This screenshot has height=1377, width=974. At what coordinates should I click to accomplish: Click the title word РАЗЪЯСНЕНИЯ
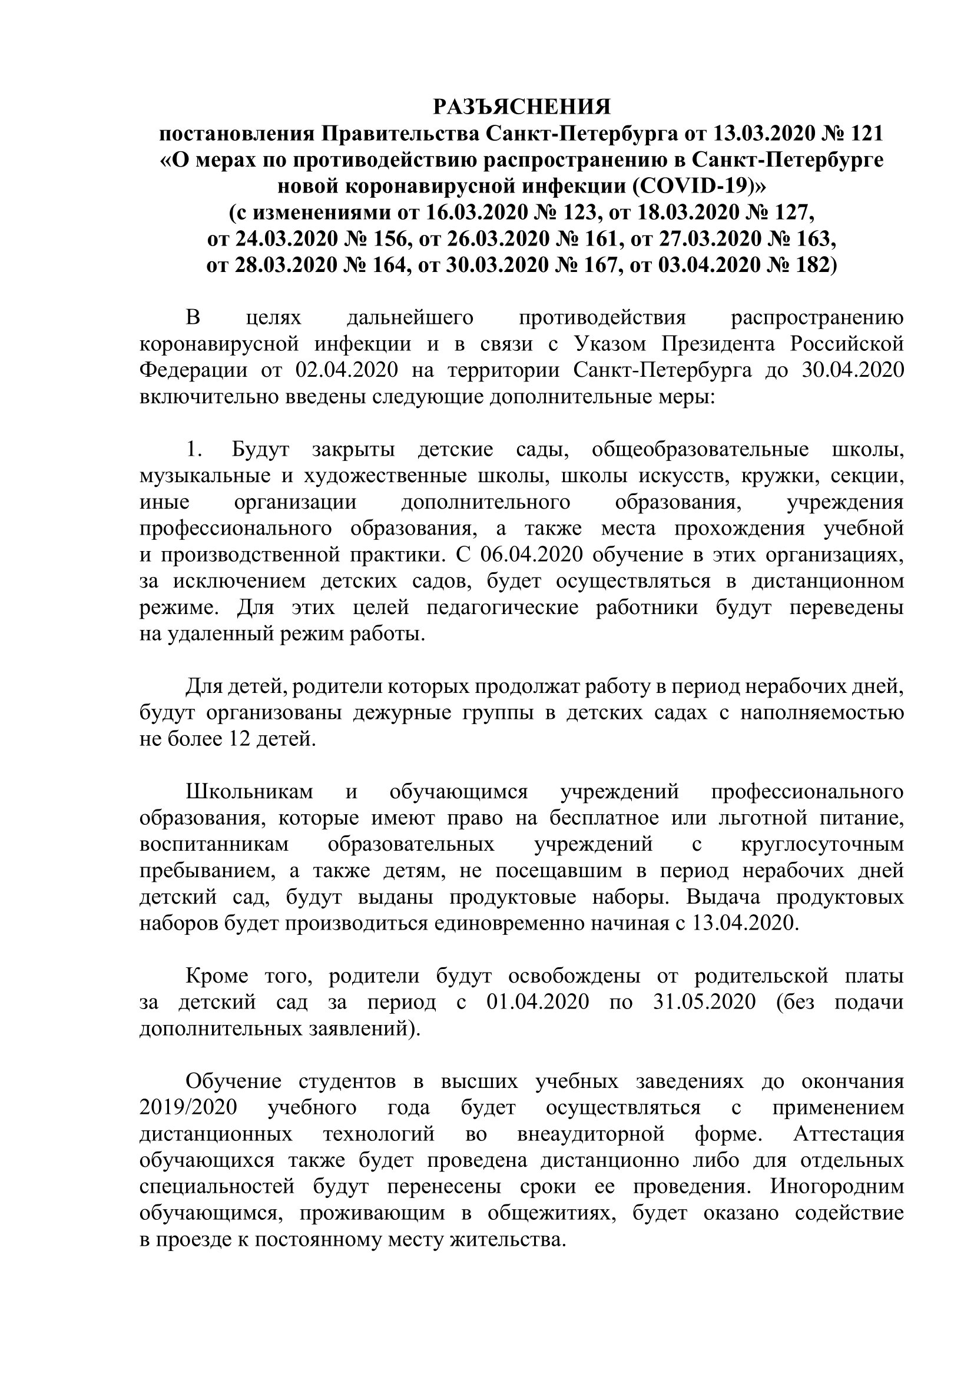click(x=521, y=107)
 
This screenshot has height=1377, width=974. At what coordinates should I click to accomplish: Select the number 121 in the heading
click(x=864, y=133)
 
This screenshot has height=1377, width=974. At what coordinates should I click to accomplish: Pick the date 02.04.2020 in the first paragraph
click(x=347, y=370)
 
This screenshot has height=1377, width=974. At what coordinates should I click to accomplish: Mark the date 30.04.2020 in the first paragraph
click(x=852, y=370)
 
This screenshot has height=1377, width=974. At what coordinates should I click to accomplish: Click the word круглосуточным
click(x=822, y=844)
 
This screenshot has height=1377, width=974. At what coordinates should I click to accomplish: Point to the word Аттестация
click(x=849, y=1134)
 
